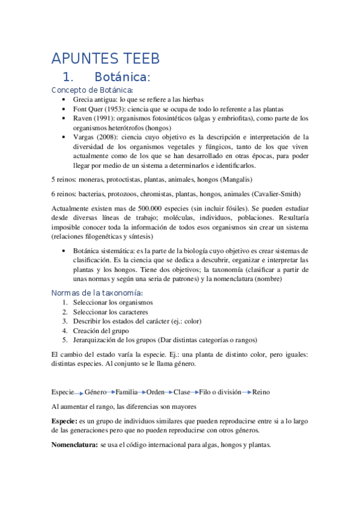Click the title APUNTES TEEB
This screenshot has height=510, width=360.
tap(106, 58)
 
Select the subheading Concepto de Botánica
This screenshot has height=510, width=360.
tap(92, 90)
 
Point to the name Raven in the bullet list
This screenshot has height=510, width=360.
tap(84, 118)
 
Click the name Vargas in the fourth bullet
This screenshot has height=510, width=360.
tap(85, 137)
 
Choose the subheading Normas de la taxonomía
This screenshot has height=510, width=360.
tap(102, 292)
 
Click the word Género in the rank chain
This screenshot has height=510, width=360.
tap(96, 392)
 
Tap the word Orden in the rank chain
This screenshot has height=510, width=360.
tap(155, 392)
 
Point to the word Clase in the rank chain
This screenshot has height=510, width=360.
tap(182, 392)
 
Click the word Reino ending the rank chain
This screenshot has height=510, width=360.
tap(261, 392)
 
